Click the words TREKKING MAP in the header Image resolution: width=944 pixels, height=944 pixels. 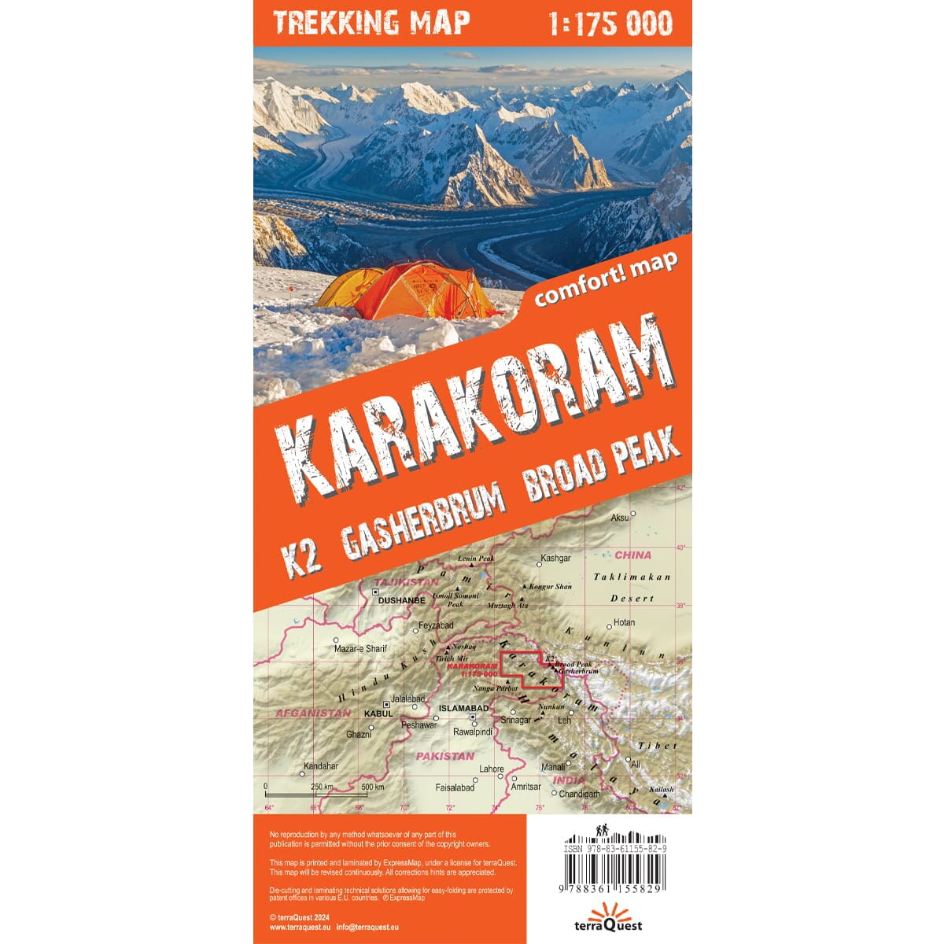click(x=372, y=23)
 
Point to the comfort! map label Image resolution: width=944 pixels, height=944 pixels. click(x=606, y=276)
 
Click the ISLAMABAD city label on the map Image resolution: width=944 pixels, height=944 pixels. click(x=463, y=706)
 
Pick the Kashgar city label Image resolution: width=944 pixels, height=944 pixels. click(x=555, y=559)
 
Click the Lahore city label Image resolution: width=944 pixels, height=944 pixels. click(x=492, y=769)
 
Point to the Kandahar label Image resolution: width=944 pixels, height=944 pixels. click(x=321, y=765)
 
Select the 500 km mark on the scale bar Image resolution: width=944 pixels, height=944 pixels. click(x=372, y=787)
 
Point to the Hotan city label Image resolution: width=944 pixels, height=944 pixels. click(x=624, y=622)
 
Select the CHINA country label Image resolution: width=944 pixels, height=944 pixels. click(x=633, y=555)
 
